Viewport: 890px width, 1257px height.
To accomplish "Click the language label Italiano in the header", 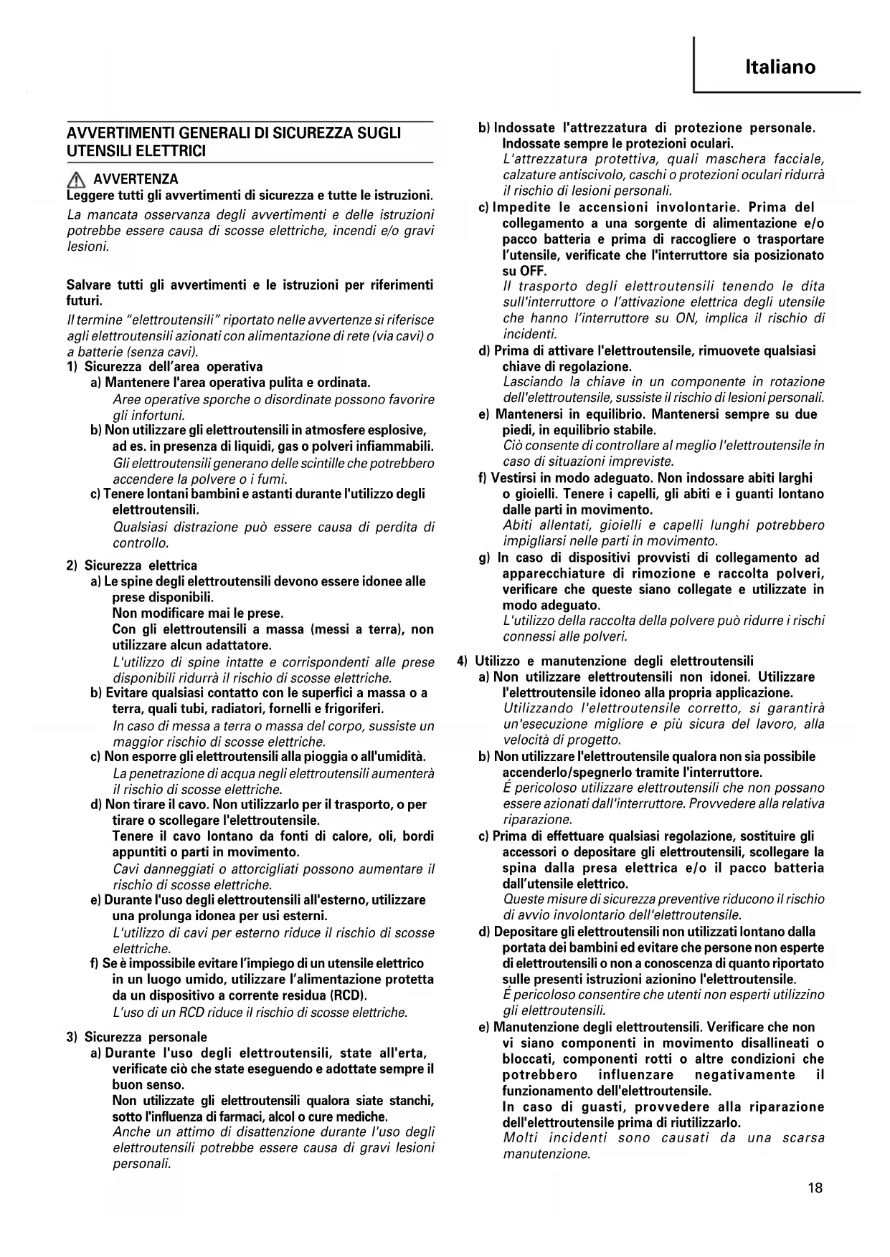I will [780, 67].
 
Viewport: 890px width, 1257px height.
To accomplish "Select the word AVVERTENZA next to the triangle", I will [136, 179].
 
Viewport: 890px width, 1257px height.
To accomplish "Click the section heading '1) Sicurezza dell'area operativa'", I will [165, 367].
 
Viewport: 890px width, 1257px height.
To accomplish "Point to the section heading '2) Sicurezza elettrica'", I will [132, 565].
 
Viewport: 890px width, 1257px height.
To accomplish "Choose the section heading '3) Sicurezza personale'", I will [137, 1037].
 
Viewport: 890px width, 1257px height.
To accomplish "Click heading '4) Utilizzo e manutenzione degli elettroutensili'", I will [605, 661].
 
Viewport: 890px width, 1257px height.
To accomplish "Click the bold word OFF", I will [533, 271].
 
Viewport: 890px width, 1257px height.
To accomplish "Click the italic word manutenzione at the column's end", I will [546, 1154].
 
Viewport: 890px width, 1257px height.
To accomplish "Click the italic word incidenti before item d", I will [529, 334].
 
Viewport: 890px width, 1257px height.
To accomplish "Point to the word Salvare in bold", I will [89, 285].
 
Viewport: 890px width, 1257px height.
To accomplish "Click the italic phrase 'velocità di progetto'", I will [562, 740].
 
